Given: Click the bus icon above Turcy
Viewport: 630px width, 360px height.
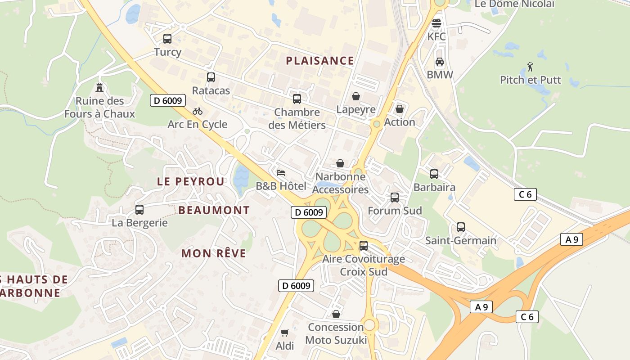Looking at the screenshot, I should (x=167, y=39).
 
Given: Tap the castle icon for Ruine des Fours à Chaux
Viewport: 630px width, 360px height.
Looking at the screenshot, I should (x=99, y=88).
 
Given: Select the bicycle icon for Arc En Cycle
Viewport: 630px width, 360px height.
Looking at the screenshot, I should (x=198, y=111).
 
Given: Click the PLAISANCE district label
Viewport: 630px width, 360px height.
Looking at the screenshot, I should (x=320, y=61).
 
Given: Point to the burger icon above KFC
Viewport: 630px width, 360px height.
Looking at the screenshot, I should (x=436, y=23).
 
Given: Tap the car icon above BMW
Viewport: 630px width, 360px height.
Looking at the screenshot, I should (x=440, y=62).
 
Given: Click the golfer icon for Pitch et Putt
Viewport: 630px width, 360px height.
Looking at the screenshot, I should (x=530, y=67).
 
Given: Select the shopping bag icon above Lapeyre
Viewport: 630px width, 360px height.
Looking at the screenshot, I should (x=356, y=96).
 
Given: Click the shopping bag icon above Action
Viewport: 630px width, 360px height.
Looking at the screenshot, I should (x=399, y=109).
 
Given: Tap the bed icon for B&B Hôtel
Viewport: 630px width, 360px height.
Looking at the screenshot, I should (x=281, y=173).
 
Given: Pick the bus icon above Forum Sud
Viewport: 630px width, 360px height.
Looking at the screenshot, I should (x=395, y=197).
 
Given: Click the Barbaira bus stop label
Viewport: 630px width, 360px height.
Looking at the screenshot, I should (x=434, y=187).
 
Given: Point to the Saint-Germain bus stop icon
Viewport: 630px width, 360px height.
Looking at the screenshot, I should (x=461, y=227).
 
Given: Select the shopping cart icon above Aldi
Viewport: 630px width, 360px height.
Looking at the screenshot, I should (x=284, y=333).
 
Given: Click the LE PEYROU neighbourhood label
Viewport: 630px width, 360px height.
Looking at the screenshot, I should (x=190, y=181).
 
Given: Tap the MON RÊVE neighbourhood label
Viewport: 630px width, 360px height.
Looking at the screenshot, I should (x=214, y=253).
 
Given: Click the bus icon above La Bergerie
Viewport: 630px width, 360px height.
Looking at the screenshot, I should (x=139, y=210).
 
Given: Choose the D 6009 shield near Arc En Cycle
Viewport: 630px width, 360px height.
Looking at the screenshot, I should (x=168, y=100).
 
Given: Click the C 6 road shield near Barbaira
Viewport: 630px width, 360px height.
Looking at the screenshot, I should (x=525, y=194).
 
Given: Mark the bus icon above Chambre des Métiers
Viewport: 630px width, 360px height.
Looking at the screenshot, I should (x=297, y=99).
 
